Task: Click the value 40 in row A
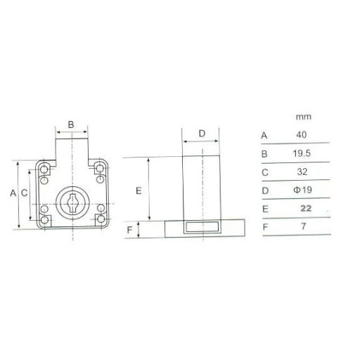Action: [301, 134]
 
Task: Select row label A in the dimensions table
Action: [264, 134]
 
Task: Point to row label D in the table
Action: [264, 191]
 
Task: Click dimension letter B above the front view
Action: [71, 124]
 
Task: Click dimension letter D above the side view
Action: [201, 133]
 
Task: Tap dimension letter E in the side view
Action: [139, 190]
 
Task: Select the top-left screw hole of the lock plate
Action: [44, 169]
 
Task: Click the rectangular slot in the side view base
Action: [201, 227]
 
